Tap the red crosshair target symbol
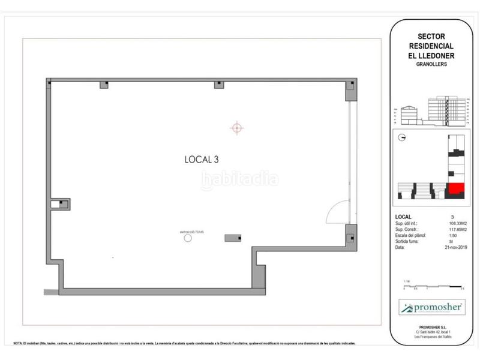[237, 127]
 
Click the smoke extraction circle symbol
[188, 238]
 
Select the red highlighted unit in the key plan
[457, 189]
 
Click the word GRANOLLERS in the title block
[430, 64]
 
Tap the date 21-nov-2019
[456, 247]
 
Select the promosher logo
[431, 308]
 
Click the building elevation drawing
[431, 112]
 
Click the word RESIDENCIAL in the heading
[431, 46]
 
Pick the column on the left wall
[61, 204]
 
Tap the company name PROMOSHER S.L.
[431, 326]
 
